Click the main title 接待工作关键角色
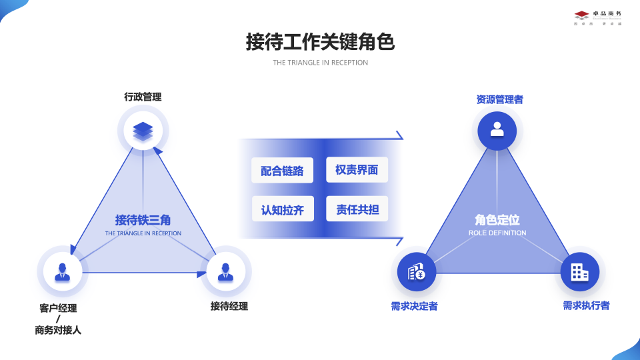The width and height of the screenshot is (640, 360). (320, 42)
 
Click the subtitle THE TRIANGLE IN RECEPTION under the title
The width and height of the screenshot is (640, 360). (320, 63)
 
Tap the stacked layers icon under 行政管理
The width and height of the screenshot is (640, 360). (143, 130)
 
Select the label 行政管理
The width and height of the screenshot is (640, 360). (143, 97)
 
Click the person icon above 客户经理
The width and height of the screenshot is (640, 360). (63, 272)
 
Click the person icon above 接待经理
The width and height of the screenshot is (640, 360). (225, 272)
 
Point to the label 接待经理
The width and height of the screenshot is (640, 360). (229, 306)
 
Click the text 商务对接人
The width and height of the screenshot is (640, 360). (58, 330)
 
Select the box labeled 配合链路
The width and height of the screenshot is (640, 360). (282, 170)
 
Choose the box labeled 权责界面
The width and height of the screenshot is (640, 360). (357, 169)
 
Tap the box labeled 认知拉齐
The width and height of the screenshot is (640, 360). (282, 209)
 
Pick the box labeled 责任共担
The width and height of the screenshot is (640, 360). (357, 209)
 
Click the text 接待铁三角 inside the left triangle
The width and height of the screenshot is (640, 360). (143, 220)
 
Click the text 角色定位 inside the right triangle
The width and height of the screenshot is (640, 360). (497, 220)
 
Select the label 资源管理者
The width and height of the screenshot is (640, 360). (499, 99)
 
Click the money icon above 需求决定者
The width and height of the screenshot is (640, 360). (417, 272)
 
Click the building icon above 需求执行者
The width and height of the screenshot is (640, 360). (579, 272)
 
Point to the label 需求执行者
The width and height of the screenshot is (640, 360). (586, 305)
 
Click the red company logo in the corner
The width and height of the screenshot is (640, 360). (581, 15)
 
